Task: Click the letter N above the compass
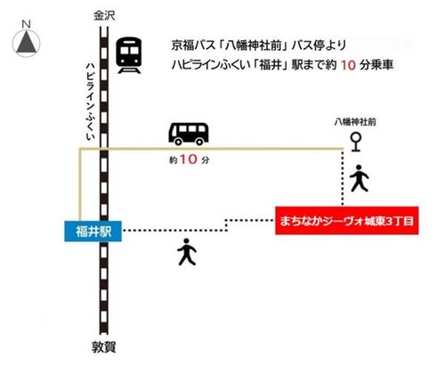point(27,20)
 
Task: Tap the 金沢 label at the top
point(106,15)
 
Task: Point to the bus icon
point(189,134)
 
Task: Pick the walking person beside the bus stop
point(359,179)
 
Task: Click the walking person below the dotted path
point(186,252)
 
